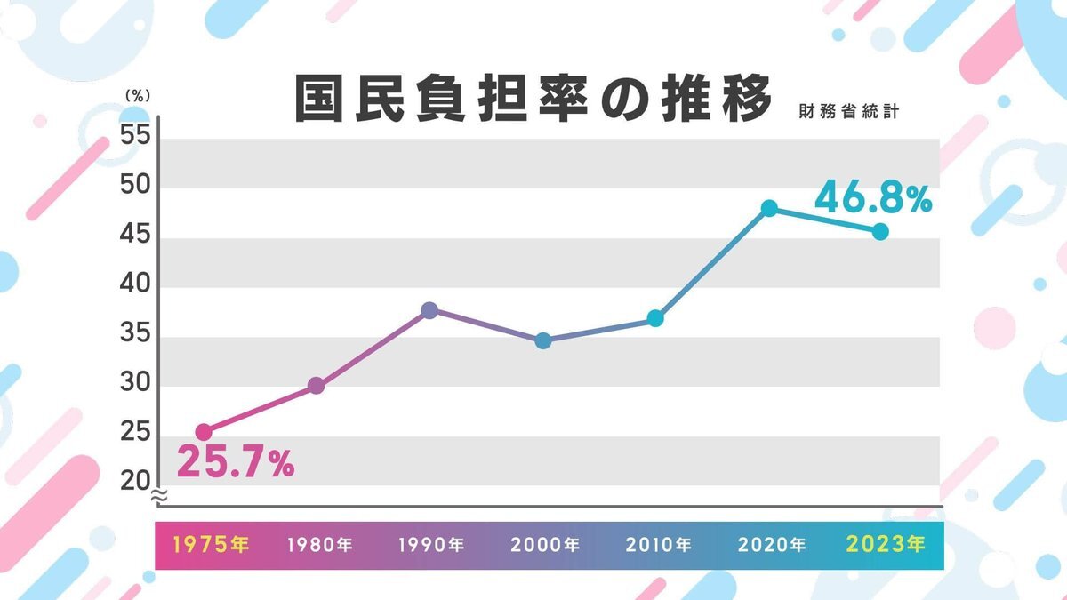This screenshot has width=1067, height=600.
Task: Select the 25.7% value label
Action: pos(236,462)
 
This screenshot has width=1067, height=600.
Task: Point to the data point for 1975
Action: pos(204,432)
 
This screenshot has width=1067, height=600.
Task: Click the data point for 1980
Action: pos(316,386)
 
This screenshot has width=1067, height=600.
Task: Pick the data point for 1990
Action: pos(429,310)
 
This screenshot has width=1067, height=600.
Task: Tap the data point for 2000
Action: pos(543,340)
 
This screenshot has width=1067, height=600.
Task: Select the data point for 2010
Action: pos(655,318)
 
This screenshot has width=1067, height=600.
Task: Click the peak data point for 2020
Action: pos(769,208)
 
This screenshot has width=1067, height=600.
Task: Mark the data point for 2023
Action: pos(880,231)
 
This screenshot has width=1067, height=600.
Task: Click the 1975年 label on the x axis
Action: pos(212,544)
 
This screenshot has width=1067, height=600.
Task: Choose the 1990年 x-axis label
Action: pos(431,544)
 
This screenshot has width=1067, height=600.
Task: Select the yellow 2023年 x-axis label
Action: pos(886,544)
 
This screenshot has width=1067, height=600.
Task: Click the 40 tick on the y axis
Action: pos(135,287)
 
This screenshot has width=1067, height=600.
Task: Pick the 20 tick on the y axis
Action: pos(135,481)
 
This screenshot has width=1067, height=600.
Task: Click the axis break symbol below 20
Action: pos(158,496)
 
